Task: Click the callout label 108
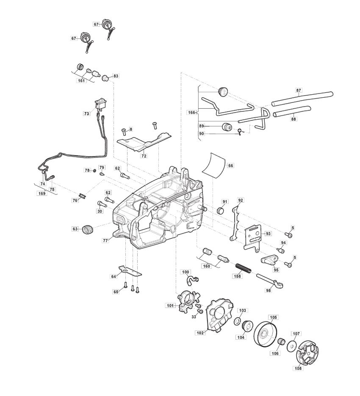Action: tap(298, 368)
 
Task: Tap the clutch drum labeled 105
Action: tap(266, 335)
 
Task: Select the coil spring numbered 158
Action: tap(244, 268)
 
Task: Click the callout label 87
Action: tap(299, 90)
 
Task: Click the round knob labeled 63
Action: tap(88, 229)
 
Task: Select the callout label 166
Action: tap(191, 113)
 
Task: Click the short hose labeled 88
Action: tap(292, 111)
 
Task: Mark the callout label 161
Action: tap(81, 81)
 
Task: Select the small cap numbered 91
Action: tap(221, 211)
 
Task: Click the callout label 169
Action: tap(42, 193)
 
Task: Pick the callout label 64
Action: tap(114, 277)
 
